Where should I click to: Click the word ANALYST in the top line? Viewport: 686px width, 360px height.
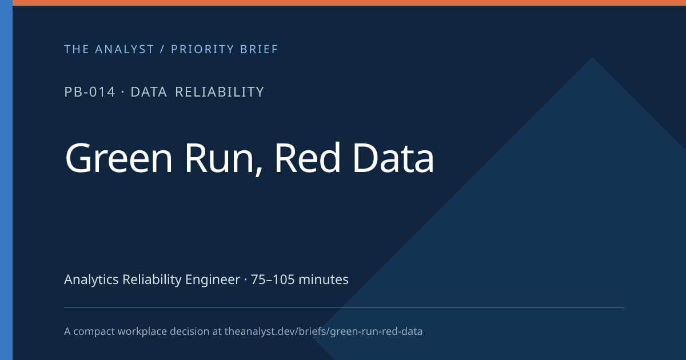click(125, 49)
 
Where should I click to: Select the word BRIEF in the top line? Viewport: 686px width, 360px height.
click(259, 49)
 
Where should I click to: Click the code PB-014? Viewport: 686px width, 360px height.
click(90, 92)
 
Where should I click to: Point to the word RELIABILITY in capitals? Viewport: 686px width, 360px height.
click(220, 92)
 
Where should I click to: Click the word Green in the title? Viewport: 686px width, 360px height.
click(119, 158)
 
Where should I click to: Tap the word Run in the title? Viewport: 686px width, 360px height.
click(220, 159)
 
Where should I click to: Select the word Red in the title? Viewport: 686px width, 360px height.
click(308, 158)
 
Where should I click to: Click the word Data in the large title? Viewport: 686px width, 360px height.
click(393, 158)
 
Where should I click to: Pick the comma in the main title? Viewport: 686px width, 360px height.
click(258, 171)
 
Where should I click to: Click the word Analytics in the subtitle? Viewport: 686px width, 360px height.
click(91, 279)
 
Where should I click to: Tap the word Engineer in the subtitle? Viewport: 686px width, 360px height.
click(213, 280)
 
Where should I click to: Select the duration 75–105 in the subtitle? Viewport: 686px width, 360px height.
click(273, 279)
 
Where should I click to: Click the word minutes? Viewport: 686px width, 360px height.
click(324, 279)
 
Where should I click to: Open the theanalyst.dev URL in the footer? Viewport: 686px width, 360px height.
click(324, 331)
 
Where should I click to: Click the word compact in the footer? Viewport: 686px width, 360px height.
click(94, 332)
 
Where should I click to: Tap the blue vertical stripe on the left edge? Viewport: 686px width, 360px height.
click(6, 180)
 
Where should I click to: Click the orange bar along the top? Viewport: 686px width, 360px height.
click(349, 3)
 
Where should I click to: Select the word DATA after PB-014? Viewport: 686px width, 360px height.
click(149, 92)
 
